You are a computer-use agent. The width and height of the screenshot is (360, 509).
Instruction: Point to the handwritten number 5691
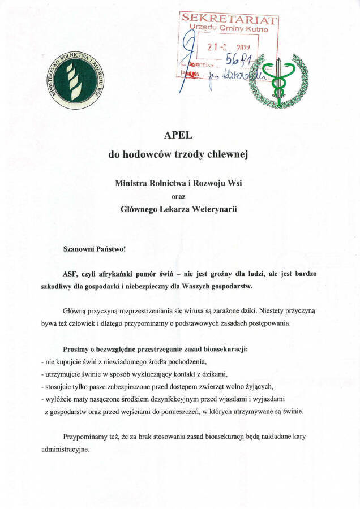tap(238, 59)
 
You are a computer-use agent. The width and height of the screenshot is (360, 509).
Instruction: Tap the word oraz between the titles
tap(179, 196)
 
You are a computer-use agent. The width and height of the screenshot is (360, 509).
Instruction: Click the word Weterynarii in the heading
tap(213, 209)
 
